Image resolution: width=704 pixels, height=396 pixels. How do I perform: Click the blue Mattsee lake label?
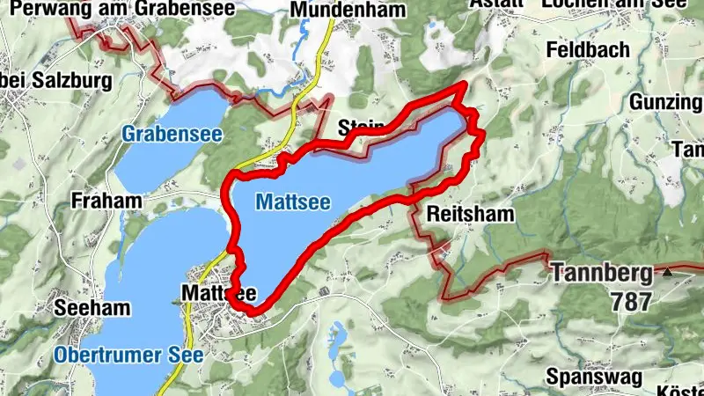pyautogui.click(x=293, y=202)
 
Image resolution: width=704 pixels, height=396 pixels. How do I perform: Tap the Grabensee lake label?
pyautogui.click(x=172, y=135)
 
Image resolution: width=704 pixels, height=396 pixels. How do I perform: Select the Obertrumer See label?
pyautogui.click(x=128, y=356)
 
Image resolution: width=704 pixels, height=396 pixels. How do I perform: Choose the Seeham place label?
pyautogui.click(x=92, y=309)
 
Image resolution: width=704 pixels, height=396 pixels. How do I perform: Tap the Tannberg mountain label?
pyautogui.click(x=602, y=273)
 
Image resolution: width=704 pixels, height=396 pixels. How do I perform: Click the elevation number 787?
pyautogui.click(x=631, y=302)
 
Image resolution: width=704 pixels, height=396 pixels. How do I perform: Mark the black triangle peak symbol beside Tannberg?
pyautogui.click(x=667, y=273)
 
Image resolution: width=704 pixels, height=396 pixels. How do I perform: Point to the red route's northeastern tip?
pyautogui.click(x=465, y=84)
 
